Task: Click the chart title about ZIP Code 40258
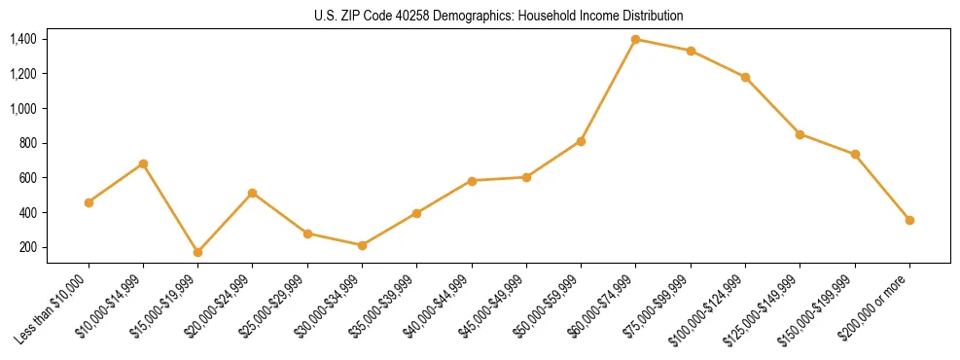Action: (x=499, y=16)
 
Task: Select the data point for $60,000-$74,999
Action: (x=636, y=39)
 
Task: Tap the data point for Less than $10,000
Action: (x=89, y=202)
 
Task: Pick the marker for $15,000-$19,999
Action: (x=198, y=252)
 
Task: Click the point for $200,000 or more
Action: (x=909, y=220)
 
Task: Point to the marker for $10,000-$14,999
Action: (x=144, y=163)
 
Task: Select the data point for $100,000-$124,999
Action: (x=745, y=77)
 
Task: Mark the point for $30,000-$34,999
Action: (x=362, y=245)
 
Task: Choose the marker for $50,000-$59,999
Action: (x=581, y=141)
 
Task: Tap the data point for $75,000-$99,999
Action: (x=691, y=51)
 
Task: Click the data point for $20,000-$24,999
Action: (x=253, y=193)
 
